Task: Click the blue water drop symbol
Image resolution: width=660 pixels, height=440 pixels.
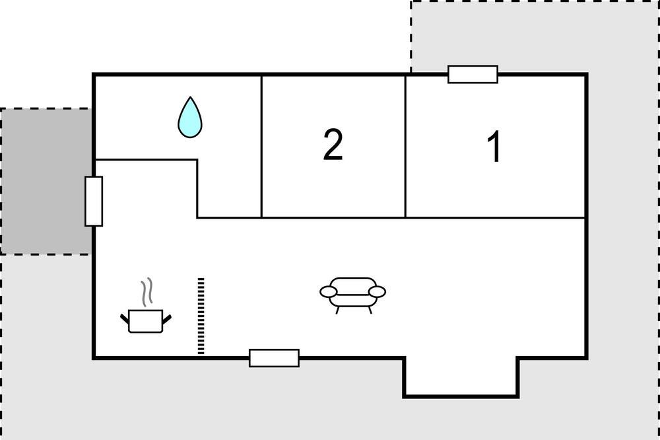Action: click(x=190, y=118)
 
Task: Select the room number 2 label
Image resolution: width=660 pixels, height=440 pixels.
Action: click(x=333, y=145)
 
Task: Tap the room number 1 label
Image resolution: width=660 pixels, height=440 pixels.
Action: click(x=494, y=146)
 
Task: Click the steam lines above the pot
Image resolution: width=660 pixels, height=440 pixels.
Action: click(x=147, y=292)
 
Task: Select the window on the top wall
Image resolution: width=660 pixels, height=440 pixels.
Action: click(x=473, y=74)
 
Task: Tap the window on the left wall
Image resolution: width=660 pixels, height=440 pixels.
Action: click(x=94, y=202)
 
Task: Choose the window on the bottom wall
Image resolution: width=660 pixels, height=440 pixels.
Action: click(x=274, y=358)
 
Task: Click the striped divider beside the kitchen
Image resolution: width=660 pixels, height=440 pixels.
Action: click(x=201, y=316)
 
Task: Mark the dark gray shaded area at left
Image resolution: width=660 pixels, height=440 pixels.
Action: click(x=46, y=181)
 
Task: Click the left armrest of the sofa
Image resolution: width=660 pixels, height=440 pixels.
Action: click(x=328, y=291)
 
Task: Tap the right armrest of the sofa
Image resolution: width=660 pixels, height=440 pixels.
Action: click(x=377, y=291)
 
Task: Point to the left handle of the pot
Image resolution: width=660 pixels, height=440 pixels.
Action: click(x=125, y=319)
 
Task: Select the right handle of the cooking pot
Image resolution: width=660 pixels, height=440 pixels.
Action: click(x=167, y=319)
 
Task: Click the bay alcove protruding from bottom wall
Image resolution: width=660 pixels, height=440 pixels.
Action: click(x=461, y=377)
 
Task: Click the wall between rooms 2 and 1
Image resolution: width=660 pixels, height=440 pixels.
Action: click(x=405, y=146)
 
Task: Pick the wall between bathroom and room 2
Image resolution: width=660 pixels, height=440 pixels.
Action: click(x=261, y=146)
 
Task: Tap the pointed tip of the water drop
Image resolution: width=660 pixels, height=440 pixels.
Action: click(x=190, y=97)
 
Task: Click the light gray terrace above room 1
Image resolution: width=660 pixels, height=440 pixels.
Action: click(x=535, y=36)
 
